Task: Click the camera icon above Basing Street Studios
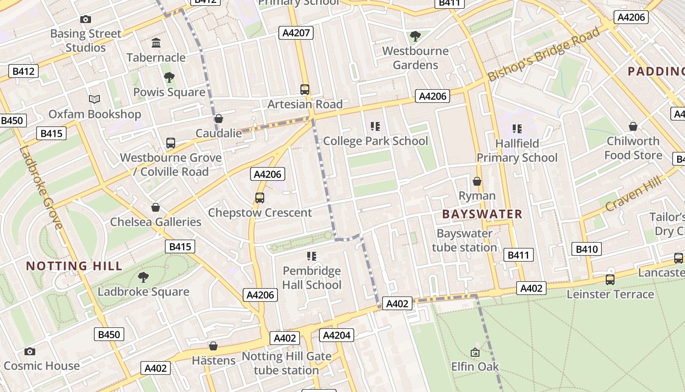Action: [x=86, y=20]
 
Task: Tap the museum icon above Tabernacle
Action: [x=156, y=43]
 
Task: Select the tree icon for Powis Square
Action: [x=169, y=77]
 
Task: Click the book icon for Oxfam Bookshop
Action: [x=94, y=99]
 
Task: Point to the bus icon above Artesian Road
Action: [x=305, y=90]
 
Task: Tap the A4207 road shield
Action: [x=296, y=33]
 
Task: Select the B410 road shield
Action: [x=587, y=249]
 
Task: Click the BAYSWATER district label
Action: [x=482, y=214]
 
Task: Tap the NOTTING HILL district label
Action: [x=74, y=266]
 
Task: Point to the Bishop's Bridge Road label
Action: [x=544, y=54]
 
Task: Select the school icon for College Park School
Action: [x=375, y=127]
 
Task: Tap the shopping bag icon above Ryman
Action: [x=477, y=182]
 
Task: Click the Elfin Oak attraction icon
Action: [x=475, y=352]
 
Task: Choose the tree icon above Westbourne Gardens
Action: [x=415, y=36]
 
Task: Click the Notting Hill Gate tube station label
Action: [x=286, y=363]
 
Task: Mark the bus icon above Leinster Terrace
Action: [x=610, y=280]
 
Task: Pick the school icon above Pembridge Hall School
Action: [x=312, y=256]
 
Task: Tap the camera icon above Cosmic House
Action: [x=30, y=351]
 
